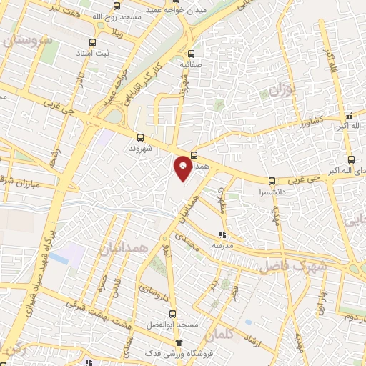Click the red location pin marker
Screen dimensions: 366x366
coord(183,167)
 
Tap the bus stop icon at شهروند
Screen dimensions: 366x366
coord(139,137)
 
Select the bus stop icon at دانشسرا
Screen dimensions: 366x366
coord(271,181)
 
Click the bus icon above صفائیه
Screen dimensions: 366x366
coord(191,53)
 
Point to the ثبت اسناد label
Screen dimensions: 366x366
coord(94,54)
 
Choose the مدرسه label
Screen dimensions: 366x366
coord(222,245)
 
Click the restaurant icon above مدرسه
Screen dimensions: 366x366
coord(222,234)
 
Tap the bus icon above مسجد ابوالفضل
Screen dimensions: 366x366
coord(173,314)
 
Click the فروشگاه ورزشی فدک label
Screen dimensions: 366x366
coord(154,354)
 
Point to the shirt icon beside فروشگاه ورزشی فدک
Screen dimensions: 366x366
coord(189,343)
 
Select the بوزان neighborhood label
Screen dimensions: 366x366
coord(283,89)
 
